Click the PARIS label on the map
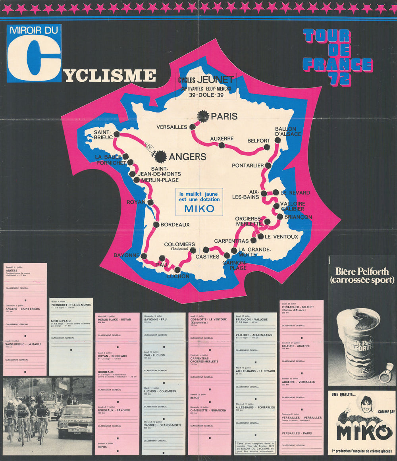pos(224,116)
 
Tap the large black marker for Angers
pos(160,156)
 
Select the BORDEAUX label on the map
pos(175,225)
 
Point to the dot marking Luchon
pos(177,270)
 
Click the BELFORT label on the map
pos(259,141)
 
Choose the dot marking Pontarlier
pos(268,165)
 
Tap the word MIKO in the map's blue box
pos(199,208)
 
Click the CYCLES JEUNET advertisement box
pos(206,86)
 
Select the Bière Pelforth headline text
pos(362,276)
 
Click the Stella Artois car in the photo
pos(75,420)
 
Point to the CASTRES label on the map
pos(207,257)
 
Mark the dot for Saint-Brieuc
pos(116,134)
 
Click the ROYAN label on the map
pos(136,202)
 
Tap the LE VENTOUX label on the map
pos(281,237)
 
